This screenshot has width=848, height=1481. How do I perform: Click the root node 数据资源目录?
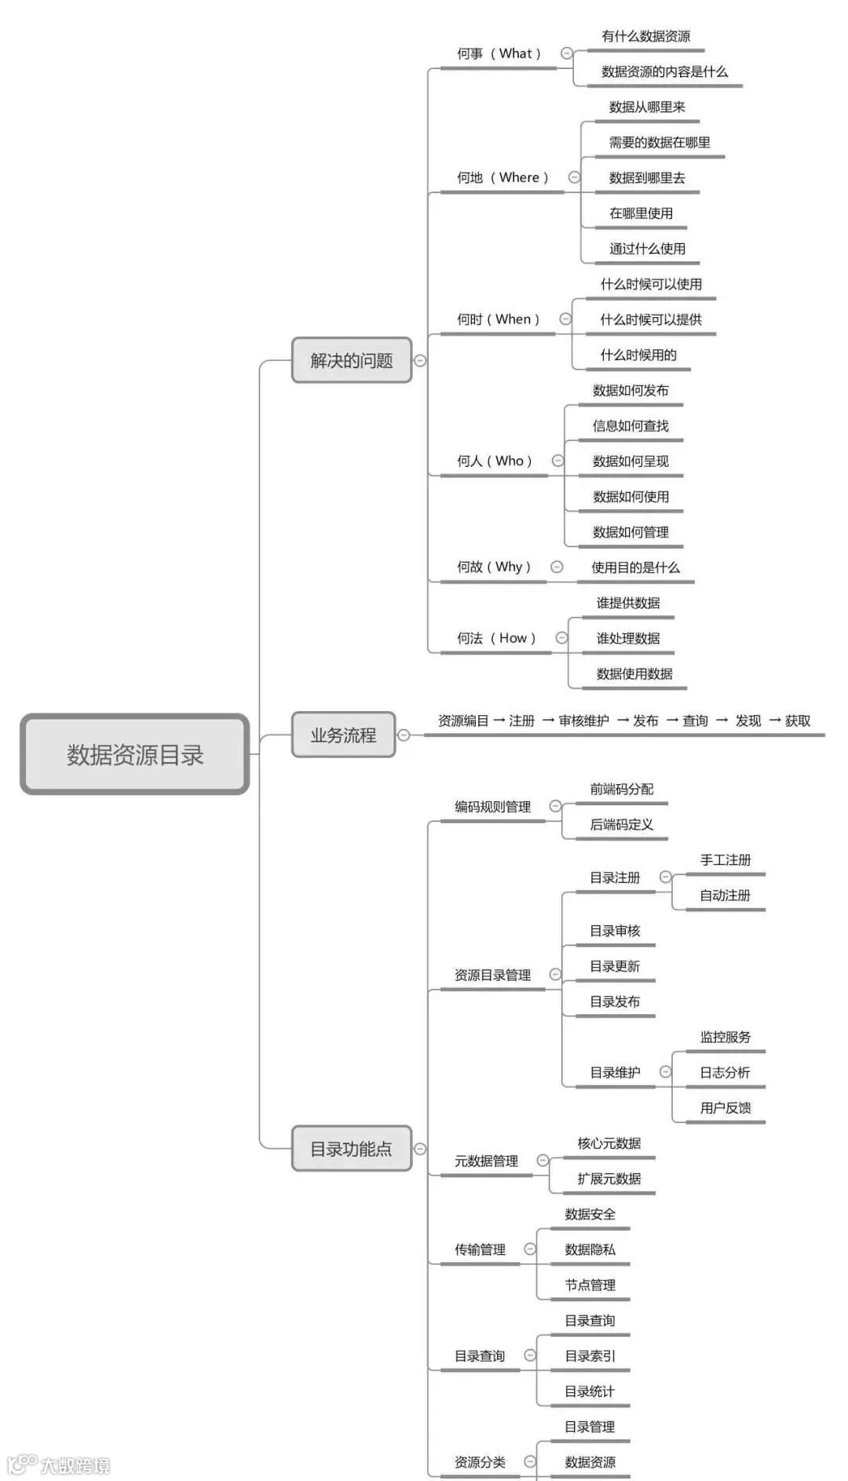click(135, 754)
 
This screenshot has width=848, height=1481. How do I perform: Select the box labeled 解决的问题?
click(351, 360)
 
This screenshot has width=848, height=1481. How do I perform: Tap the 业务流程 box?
click(343, 735)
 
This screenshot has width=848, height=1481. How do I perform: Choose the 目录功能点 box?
click(351, 1149)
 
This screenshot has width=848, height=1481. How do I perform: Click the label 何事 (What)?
click(499, 53)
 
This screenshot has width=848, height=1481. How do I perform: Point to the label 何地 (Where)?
click(503, 177)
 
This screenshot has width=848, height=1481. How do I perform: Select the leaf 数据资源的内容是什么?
click(664, 71)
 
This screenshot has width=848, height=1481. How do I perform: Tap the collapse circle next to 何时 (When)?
click(565, 319)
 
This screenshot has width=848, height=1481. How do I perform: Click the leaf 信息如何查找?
click(631, 425)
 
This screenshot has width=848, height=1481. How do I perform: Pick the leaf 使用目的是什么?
click(635, 567)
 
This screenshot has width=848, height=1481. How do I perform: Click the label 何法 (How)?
click(496, 638)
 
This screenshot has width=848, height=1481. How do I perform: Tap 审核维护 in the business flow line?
click(583, 720)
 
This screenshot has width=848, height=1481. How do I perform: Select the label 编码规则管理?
click(492, 807)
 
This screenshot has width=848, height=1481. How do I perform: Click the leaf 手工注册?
click(726, 860)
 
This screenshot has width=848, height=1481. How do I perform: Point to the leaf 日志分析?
click(725, 1072)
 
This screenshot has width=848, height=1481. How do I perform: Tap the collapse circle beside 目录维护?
click(666, 1071)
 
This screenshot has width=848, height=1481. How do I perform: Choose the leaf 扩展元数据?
click(609, 1178)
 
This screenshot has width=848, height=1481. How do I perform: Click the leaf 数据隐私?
click(590, 1249)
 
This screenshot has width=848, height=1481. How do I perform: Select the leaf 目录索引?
click(590, 1355)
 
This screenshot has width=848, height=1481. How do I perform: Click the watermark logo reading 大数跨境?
click(60, 1465)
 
